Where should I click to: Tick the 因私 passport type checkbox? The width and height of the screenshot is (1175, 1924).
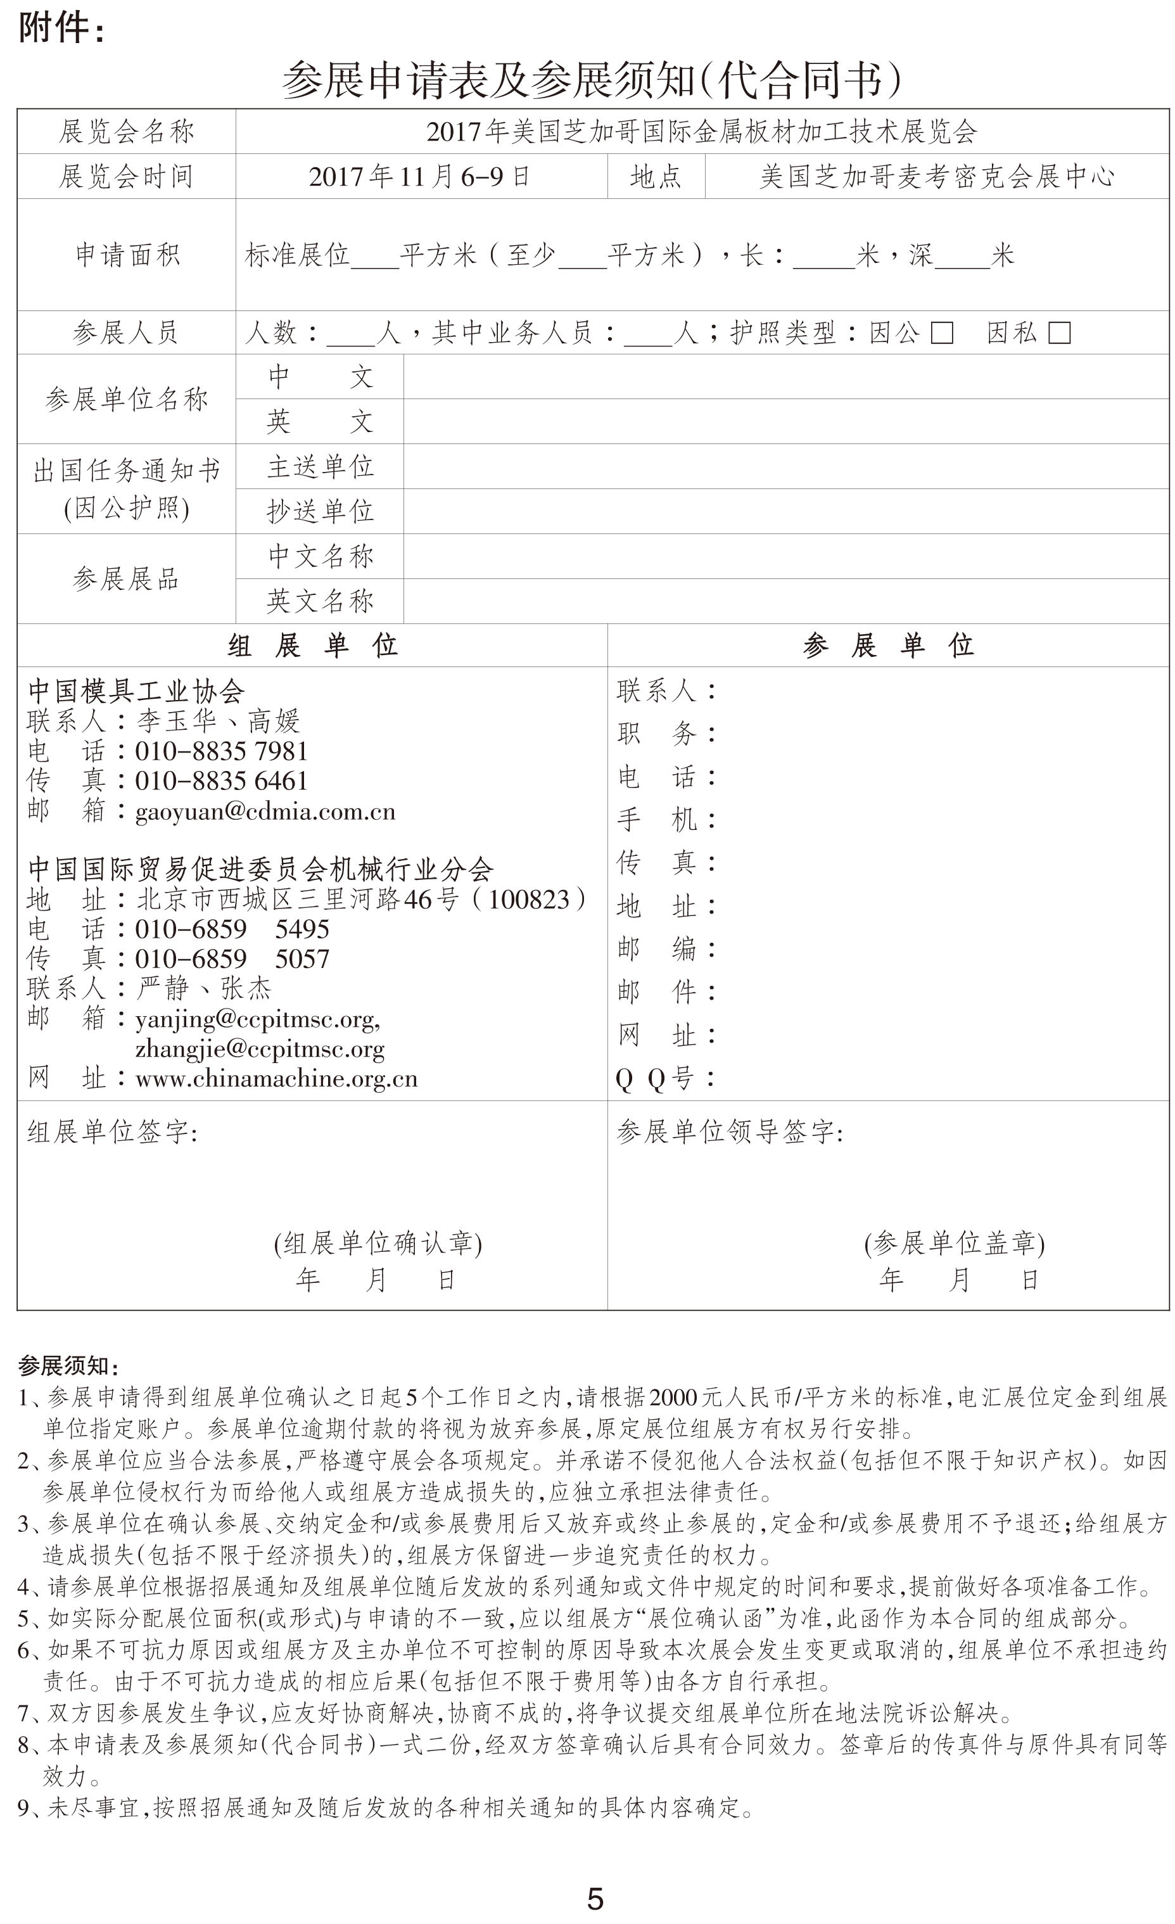pos(1058,333)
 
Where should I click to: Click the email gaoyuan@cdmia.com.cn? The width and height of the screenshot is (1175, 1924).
pos(265,812)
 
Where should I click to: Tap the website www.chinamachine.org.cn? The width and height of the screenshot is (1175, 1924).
pos(276,1078)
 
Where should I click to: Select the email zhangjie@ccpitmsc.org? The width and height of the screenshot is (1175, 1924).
pos(259,1048)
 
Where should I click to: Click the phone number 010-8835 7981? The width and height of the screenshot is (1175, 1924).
pos(222,751)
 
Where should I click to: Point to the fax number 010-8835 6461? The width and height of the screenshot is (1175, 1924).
pos(222,781)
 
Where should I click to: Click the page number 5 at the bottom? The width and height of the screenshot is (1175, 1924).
pos(595,1898)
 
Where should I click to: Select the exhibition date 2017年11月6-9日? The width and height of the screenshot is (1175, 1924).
pos(420,177)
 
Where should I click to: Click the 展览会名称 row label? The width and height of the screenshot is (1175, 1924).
pos(127,132)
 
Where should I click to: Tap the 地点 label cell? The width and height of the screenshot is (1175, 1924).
pos(656,177)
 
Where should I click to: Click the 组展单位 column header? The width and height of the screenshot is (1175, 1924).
pos(312,646)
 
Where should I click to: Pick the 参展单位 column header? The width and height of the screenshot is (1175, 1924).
pos(887,646)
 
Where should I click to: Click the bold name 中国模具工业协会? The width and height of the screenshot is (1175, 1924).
pos(137,691)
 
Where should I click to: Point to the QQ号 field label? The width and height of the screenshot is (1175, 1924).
pos(664,1078)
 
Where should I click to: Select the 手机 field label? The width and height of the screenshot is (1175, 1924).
pos(664,820)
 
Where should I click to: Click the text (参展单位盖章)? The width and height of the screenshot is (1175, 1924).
pos(954,1243)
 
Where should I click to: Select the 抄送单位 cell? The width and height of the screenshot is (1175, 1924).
pos(320,511)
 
